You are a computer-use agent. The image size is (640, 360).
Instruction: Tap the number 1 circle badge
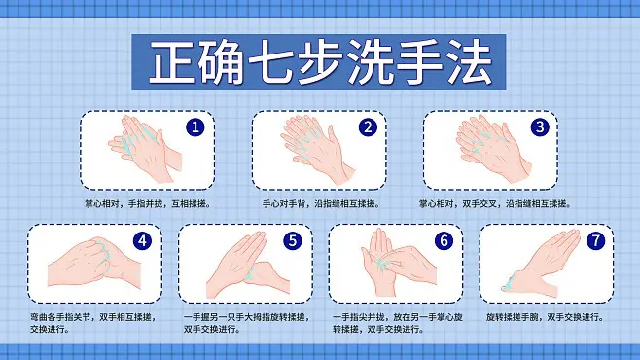click(x=196, y=126)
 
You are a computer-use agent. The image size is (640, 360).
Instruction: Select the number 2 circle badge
click(x=368, y=126)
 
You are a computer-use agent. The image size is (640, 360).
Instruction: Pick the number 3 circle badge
click(x=539, y=126)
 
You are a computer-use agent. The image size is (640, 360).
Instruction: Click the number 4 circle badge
click(x=143, y=239)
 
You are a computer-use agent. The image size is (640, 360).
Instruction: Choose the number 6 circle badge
click(x=444, y=239)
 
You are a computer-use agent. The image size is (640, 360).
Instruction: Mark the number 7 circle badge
click(x=594, y=239)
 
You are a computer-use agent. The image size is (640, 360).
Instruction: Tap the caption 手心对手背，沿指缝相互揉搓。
click(x=320, y=204)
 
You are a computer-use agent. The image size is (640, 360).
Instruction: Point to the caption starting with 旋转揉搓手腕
click(x=544, y=317)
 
